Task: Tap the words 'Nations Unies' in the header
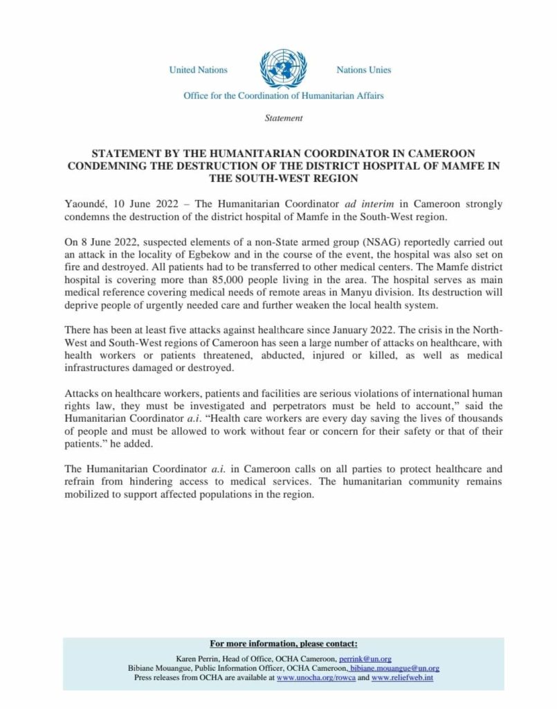363,70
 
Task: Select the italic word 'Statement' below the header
284,118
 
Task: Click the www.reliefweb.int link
402,678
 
